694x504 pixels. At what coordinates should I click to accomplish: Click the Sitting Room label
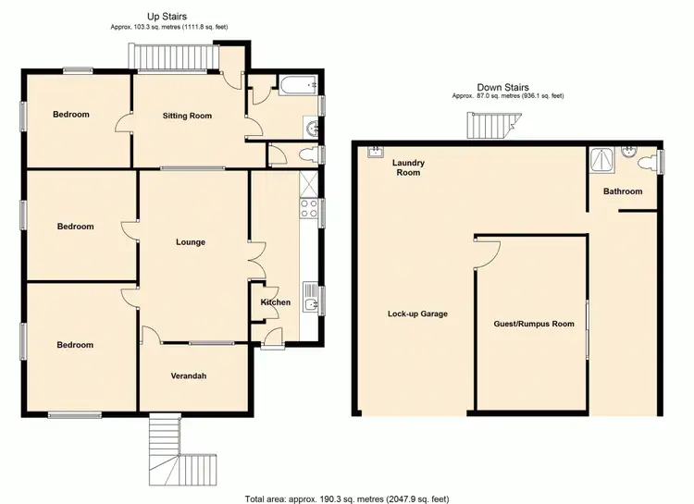[x=187, y=116]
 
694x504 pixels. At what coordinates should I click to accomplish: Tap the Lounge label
[x=191, y=242]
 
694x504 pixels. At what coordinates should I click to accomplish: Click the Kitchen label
[x=275, y=302]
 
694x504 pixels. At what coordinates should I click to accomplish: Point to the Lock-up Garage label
[x=417, y=313]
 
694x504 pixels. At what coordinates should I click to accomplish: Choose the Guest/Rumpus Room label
[x=534, y=324]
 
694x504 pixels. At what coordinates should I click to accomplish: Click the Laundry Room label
[x=408, y=167]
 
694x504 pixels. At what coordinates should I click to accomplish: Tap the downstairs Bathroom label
[x=623, y=191]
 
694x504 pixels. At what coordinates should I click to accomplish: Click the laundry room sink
[x=377, y=152]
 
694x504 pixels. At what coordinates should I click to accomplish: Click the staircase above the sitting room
[x=175, y=58]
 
